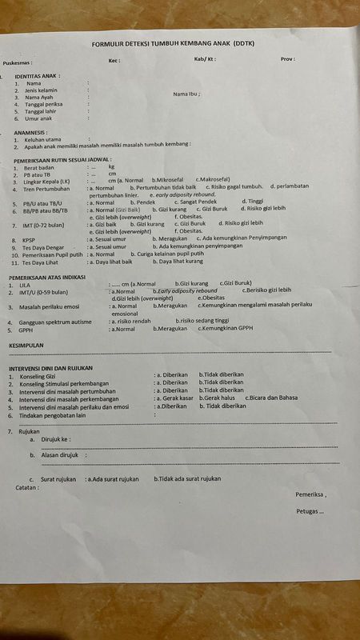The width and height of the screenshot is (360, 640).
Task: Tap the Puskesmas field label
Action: click(x=17, y=62)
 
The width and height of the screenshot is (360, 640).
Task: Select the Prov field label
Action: click(x=287, y=59)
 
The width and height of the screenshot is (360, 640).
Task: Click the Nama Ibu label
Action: click(x=186, y=94)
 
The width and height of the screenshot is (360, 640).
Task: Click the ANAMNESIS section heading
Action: click(x=30, y=132)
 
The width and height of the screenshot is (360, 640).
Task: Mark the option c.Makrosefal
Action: click(x=214, y=181)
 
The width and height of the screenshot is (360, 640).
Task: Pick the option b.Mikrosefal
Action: click(x=168, y=181)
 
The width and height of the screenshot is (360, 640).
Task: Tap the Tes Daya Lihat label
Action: click(x=44, y=262)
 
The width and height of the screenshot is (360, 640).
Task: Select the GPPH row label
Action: click(x=30, y=329)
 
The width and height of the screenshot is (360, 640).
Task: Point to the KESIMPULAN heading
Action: click(x=26, y=345)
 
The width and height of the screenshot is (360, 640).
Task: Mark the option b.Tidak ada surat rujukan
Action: click(x=187, y=478)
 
